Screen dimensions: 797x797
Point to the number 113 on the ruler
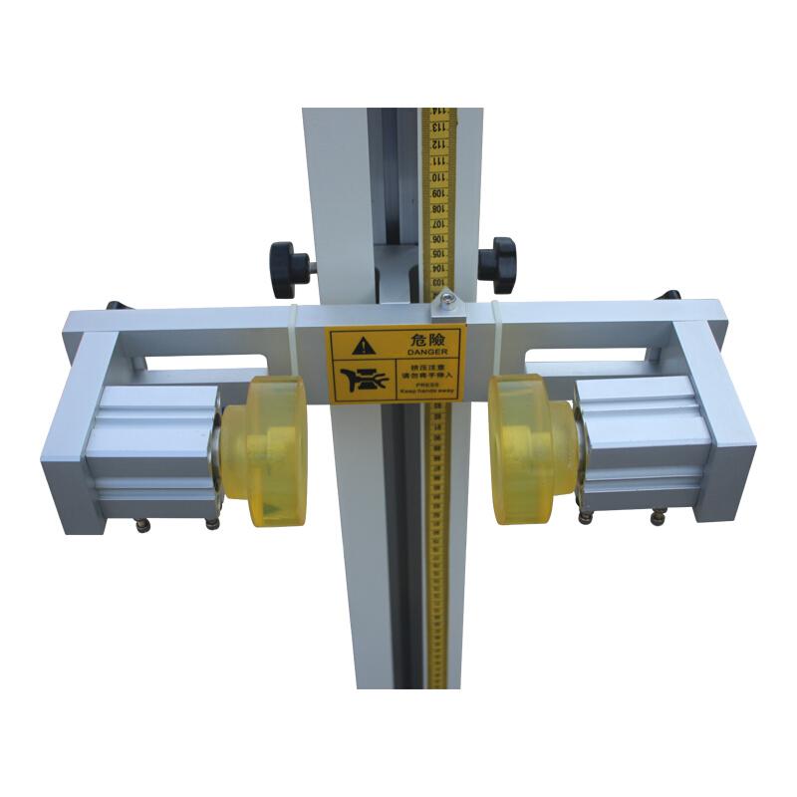437,127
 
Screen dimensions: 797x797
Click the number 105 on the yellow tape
437,256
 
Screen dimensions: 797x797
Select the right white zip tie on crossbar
495,339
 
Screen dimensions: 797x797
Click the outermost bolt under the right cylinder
657,517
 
